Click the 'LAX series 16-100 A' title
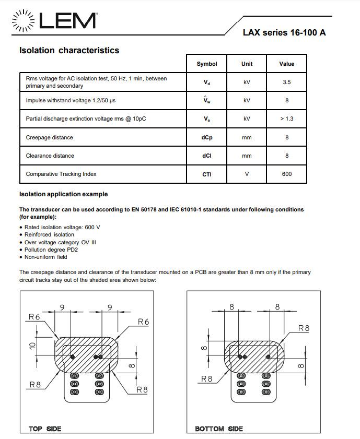[x=284, y=32]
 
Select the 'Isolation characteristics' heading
[x=69, y=51]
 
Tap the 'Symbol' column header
[x=207, y=64]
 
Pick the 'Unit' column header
[x=247, y=64]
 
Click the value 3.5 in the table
[x=287, y=82]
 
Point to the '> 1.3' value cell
[x=287, y=118]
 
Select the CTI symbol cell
[x=207, y=174]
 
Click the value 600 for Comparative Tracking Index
[x=287, y=174]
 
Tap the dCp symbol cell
[x=207, y=137]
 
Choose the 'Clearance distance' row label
[x=50, y=156]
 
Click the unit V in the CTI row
[x=247, y=174]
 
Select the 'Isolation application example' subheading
[x=63, y=194]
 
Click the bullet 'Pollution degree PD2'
[x=51, y=250]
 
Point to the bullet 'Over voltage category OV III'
[x=60, y=242]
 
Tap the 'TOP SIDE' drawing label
[x=45, y=429]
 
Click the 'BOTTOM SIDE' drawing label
[x=219, y=429]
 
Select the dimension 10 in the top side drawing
[x=32, y=346]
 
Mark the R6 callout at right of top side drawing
[x=143, y=322]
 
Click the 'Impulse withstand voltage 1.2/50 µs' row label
[x=71, y=100]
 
